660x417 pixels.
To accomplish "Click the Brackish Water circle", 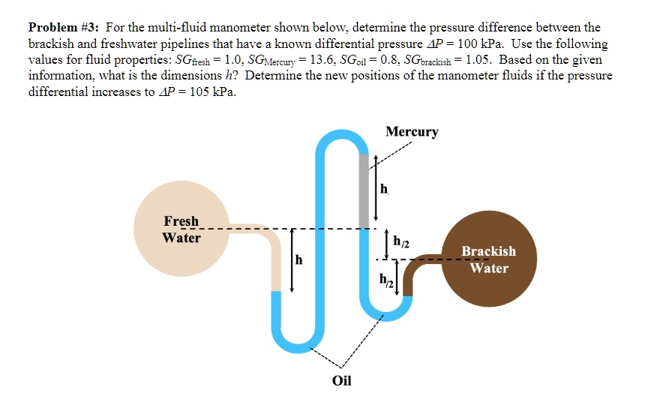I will (x=488, y=259).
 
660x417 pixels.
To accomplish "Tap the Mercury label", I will (x=412, y=132).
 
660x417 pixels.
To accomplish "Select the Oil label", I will (x=341, y=379).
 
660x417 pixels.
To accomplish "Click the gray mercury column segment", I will (x=364, y=190).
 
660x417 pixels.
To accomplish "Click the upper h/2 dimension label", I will (x=401, y=241).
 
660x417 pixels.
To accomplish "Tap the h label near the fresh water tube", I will (x=299, y=260).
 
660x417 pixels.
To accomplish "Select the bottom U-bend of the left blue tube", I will (x=301, y=344).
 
